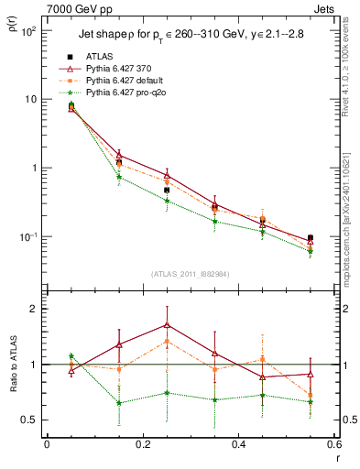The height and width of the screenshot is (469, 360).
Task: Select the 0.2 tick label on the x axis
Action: pos(142,446)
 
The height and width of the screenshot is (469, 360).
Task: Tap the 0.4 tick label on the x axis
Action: pos(238,446)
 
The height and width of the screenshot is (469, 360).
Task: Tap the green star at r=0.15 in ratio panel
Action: pos(118,403)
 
